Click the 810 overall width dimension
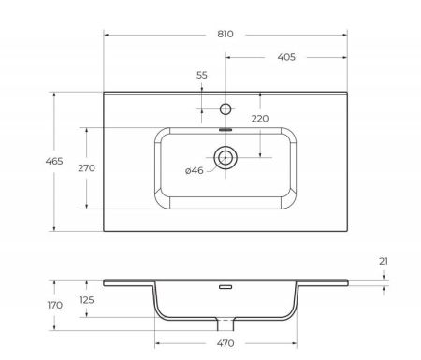tap(225, 34)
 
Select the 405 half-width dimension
tap(286, 57)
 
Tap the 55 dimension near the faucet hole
tap(202, 76)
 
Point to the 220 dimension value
tap(259, 119)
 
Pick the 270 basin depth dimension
tap(73, 168)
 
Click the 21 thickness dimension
tap(384, 262)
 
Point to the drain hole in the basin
tap(225, 157)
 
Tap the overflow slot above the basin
tap(225, 130)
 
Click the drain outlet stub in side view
tap(225, 324)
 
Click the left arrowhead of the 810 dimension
tap(106, 34)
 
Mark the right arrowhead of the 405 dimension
tap(345, 57)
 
